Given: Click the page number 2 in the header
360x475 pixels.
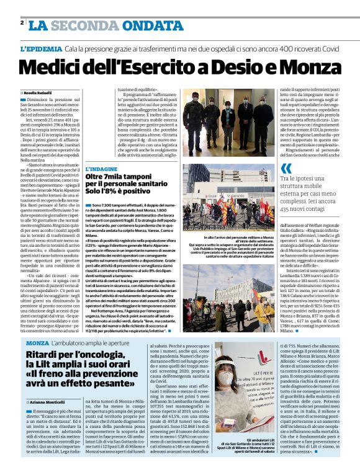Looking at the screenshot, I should [22, 23].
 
